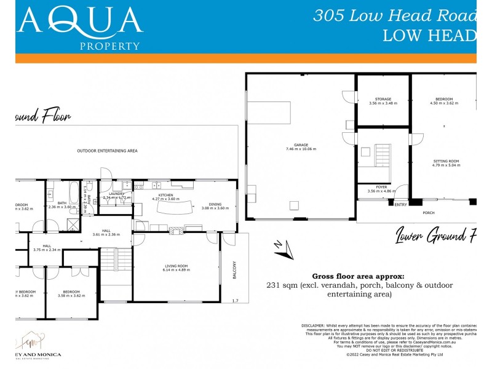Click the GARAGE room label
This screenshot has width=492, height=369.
point(301,145)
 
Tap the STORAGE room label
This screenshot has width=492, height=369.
point(383,99)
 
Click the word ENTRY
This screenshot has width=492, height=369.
point(400,204)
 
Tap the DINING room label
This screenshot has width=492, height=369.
point(215,204)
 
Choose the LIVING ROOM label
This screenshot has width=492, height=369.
point(175,266)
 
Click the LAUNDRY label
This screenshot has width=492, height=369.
point(117,194)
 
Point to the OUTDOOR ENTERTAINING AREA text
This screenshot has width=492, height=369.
point(107,151)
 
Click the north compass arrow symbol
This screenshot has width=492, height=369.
point(281,247)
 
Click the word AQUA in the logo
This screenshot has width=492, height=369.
point(81,21)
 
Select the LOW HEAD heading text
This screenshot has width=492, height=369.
point(429,35)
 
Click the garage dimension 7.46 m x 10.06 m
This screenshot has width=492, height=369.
point(301,149)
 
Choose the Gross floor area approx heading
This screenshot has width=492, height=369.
point(359,276)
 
